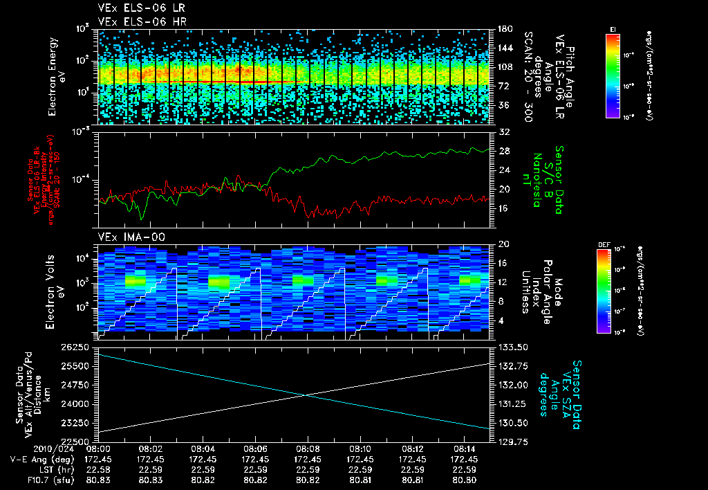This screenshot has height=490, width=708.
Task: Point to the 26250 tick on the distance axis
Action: [x=77, y=346]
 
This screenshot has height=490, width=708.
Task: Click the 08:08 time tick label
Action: [x=307, y=448]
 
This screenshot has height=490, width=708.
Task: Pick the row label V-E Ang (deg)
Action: [x=39, y=459]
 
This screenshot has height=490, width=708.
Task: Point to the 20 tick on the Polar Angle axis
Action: [x=503, y=244]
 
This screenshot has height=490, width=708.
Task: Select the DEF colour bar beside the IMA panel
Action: [x=603, y=291]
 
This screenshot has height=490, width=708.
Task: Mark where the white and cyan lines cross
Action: [x=306, y=395]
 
